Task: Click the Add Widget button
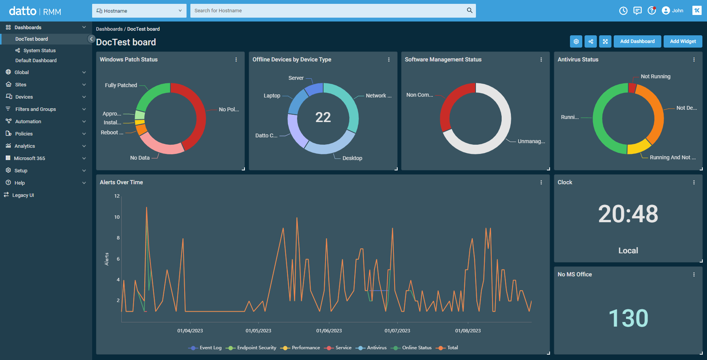point(682,41)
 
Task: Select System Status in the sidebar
point(39,51)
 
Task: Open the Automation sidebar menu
point(28,122)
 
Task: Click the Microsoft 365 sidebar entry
point(29,159)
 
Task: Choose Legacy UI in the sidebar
point(23,195)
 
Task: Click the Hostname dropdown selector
point(139,11)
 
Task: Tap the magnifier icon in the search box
point(469,10)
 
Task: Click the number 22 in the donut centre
point(323,117)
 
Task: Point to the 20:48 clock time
point(628,214)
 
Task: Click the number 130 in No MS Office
point(628,318)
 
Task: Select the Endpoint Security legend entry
point(256,348)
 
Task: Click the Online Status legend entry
point(416,348)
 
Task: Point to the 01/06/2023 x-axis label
point(329,331)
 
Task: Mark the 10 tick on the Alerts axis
point(117,217)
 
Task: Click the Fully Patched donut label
point(121,85)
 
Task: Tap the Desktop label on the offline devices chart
point(352,158)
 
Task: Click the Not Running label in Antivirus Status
point(655,77)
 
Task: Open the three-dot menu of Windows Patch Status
point(236,59)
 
